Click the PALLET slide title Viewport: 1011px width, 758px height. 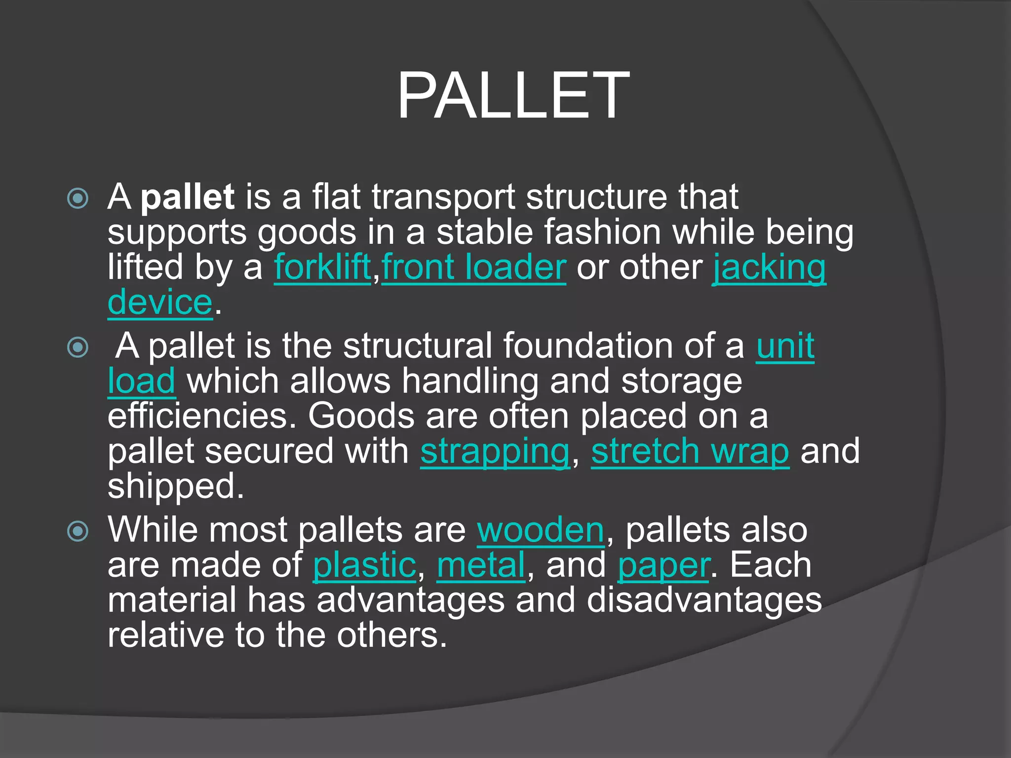(x=513, y=96)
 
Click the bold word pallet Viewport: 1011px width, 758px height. (x=187, y=197)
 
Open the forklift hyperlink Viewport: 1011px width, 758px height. (x=322, y=268)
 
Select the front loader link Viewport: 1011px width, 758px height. (x=473, y=268)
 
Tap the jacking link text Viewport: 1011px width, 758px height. (x=769, y=268)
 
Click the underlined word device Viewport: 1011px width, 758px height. (x=160, y=303)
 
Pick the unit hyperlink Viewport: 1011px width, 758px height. (x=785, y=346)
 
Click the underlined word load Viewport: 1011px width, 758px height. (x=142, y=381)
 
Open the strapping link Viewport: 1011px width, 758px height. (x=495, y=452)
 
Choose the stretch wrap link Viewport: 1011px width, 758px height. (x=690, y=452)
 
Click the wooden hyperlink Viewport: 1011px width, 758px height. (x=541, y=531)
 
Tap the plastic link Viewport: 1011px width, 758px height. (x=365, y=566)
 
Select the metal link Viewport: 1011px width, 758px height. (x=481, y=566)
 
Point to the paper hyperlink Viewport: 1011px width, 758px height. (x=664, y=566)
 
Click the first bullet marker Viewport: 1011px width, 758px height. (x=78, y=199)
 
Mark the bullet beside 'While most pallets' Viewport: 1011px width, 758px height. (x=78, y=531)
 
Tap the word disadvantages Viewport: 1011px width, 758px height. (x=704, y=601)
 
